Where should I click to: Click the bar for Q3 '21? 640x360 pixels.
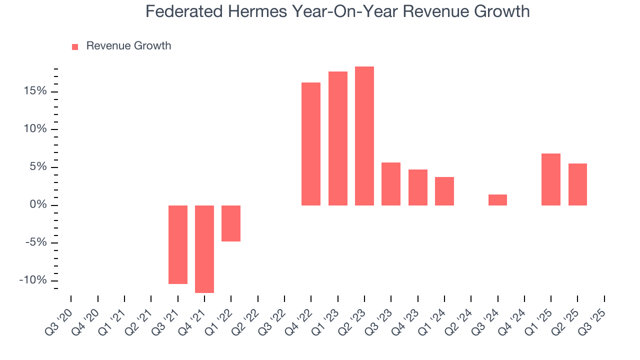[178, 244]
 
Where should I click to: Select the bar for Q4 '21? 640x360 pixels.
[204, 249]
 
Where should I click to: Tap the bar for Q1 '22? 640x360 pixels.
[231, 223]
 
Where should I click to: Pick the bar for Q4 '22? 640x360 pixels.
[311, 144]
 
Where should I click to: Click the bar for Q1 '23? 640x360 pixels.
[338, 138]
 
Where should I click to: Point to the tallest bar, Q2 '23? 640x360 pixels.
[364, 136]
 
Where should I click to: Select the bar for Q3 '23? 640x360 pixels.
[391, 184]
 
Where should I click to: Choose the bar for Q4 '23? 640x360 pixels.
[418, 187]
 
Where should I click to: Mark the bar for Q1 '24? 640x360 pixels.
[444, 191]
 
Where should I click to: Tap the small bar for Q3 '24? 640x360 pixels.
[497, 200]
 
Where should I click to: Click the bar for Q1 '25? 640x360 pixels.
[551, 179]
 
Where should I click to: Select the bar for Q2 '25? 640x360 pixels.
[577, 184]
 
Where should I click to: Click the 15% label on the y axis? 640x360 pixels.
[34, 91]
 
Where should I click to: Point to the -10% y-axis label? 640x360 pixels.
[33, 280]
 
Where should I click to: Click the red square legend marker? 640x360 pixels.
[75, 47]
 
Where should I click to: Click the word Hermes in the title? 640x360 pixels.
[253, 11]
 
